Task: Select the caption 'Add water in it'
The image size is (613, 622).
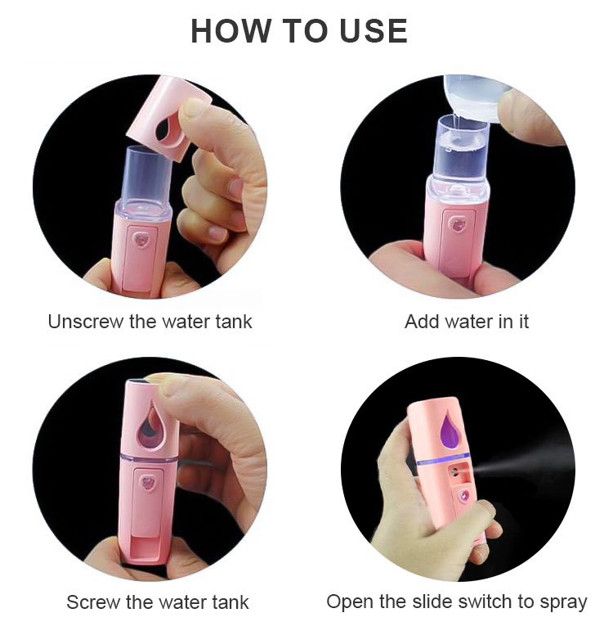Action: [x=466, y=322]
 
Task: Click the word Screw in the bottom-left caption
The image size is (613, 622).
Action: [x=92, y=603]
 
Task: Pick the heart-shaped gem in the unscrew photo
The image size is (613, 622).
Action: [x=144, y=241]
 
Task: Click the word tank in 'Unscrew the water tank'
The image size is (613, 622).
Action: [x=234, y=322]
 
